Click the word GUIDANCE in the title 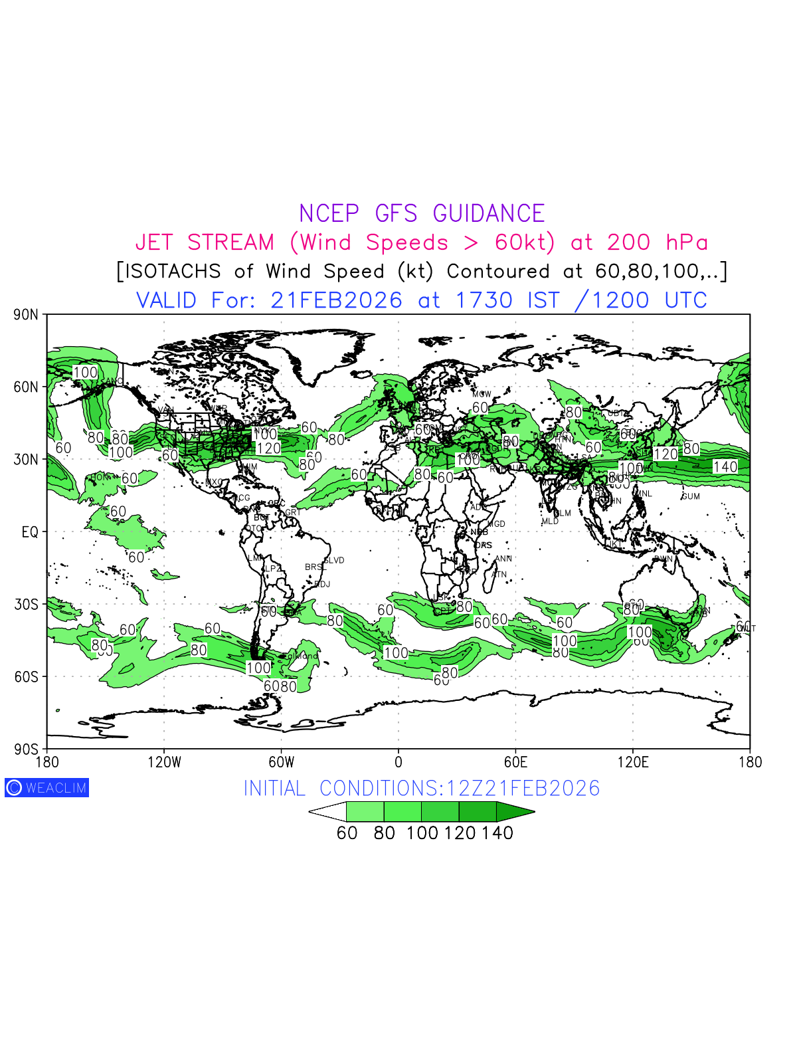point(488,214)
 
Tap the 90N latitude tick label point(26,315)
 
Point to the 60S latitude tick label point(26,677)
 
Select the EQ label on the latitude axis point(30,532)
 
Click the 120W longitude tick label point(164,763)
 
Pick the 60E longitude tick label point(515,763)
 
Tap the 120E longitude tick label point(632,763)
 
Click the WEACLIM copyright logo point(46,788)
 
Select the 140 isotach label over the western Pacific point(725,467)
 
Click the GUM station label point(691,496)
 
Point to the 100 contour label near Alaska point(85,373)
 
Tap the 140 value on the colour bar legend point(497,833)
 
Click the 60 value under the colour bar point(347,833)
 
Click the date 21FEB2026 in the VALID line point(336,300)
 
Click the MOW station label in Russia point(482,395)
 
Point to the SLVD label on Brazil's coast point(334,560)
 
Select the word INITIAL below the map point(274,789)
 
